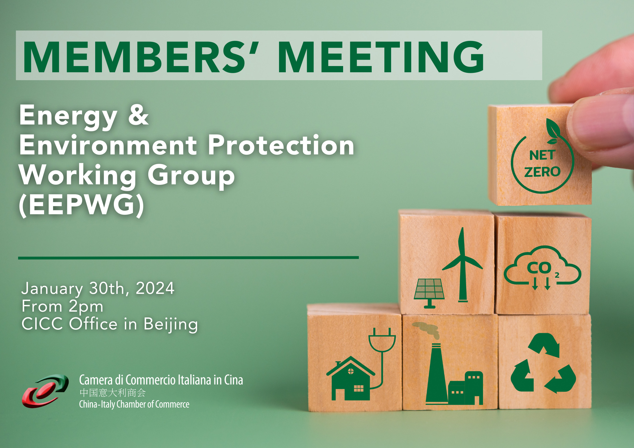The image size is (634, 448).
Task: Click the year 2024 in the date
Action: click(x=155, y=288)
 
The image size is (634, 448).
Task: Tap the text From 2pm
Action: click(x=62, y=307)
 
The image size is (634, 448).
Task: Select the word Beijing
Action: click(x=171, y=324)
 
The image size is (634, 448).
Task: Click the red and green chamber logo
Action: click(x=45, y=391)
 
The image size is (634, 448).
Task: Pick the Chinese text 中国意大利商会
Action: click(x=112, y=393)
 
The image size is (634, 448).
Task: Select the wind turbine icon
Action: click(x=462, y=265)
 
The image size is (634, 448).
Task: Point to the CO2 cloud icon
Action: click(x=543, y=268)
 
